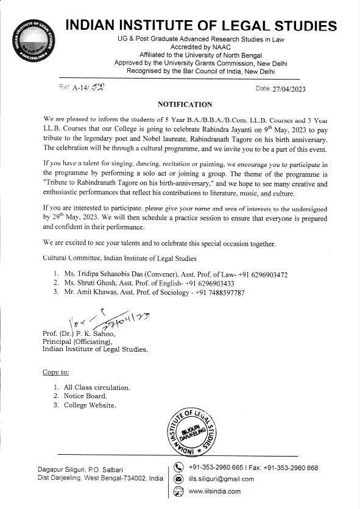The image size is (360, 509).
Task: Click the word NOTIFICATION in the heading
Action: (x=185, y=104)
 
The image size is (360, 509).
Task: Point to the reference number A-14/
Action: (x=82, y=88)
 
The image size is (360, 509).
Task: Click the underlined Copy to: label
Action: (x=55, y=372)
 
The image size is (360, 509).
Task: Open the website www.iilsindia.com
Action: (x=214, y=491)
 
